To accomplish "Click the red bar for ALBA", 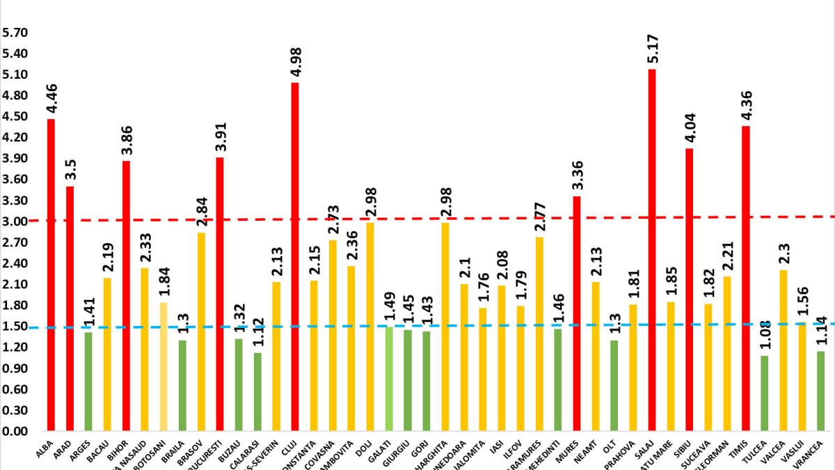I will click(51, 275).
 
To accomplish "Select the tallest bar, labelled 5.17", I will click(652, 251).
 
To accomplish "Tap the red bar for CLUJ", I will click(295, 257).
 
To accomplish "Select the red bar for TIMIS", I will click(746, 279).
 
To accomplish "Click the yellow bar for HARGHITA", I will click(445, 327).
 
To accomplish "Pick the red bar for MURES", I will click(577, 313).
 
